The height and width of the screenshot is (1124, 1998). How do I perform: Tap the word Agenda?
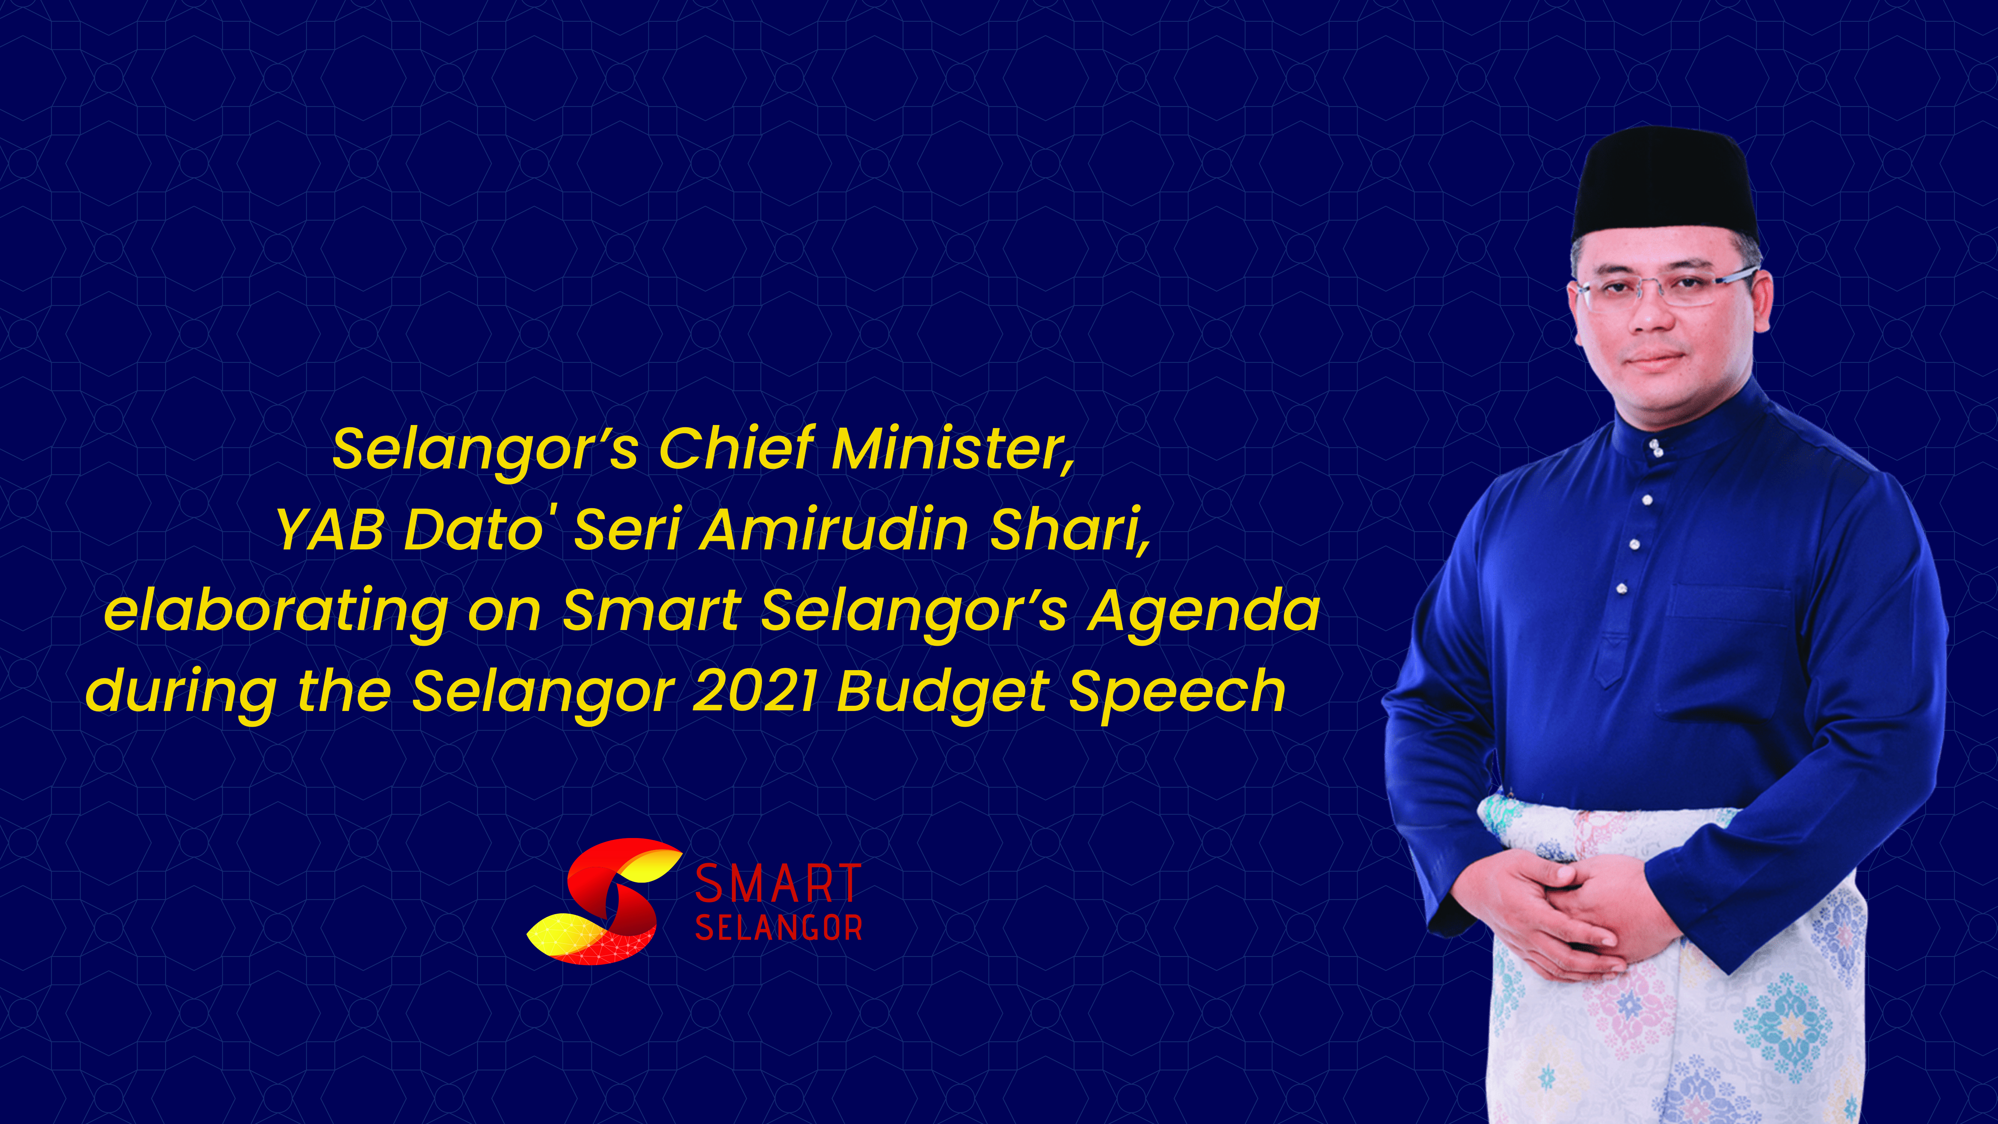pos(1204,613)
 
